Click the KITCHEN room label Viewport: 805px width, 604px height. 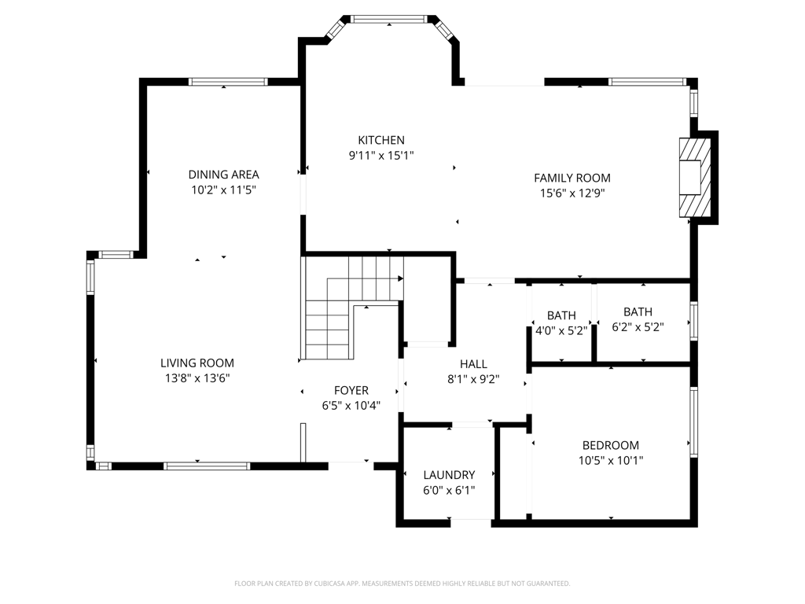[x=381, y=140]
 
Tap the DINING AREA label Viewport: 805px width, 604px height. [x=223, y=174]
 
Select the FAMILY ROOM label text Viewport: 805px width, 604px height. [x=572, y=178]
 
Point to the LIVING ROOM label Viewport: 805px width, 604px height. [x=197, y=363]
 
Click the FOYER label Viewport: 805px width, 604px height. [x=351, y=390]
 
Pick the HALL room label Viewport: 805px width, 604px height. [x=473, y=363]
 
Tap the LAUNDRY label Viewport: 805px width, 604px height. [x=449, y=474]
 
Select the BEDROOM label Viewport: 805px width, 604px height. [x=610, y=445]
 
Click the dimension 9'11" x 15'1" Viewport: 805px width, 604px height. [x=381, y=155]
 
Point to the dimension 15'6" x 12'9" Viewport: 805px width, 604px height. [x=572, y=193]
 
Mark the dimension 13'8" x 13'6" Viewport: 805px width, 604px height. [x=197, y=378]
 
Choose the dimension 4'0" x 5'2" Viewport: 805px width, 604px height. [x=561, y=330]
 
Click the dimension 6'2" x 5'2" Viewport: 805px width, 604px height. [x=638, y=326]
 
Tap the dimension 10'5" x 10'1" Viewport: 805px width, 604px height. [x=610, y=460]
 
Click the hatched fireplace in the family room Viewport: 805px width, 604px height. [x=695, y=177]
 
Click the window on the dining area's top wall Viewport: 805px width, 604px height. [x=228, y=82]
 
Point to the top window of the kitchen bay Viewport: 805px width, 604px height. [x=389, y=19]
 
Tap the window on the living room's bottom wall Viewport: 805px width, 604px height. [x=207, y=466]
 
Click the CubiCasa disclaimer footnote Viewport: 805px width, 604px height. [x=402, y=584]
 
